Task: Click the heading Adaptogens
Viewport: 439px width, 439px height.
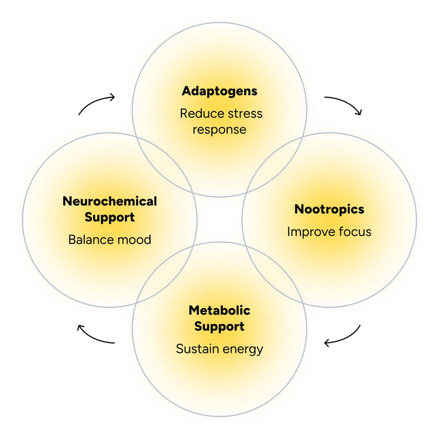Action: (x=219, y=91)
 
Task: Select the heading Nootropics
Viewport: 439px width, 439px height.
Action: (x=329, y=209)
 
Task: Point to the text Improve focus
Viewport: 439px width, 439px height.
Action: (x=329, y=232)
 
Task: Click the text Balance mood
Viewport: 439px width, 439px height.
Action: (x=109, y=240)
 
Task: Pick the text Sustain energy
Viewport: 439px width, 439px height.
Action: (x=219, y=349)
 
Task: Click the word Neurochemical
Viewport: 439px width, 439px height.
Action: (x=109, y=202)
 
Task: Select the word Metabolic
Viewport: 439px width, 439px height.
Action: (x=219, y=311)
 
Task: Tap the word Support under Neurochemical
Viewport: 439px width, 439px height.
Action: (x=109, y=218)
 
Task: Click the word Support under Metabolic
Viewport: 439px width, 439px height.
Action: (x=219, y=326)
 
